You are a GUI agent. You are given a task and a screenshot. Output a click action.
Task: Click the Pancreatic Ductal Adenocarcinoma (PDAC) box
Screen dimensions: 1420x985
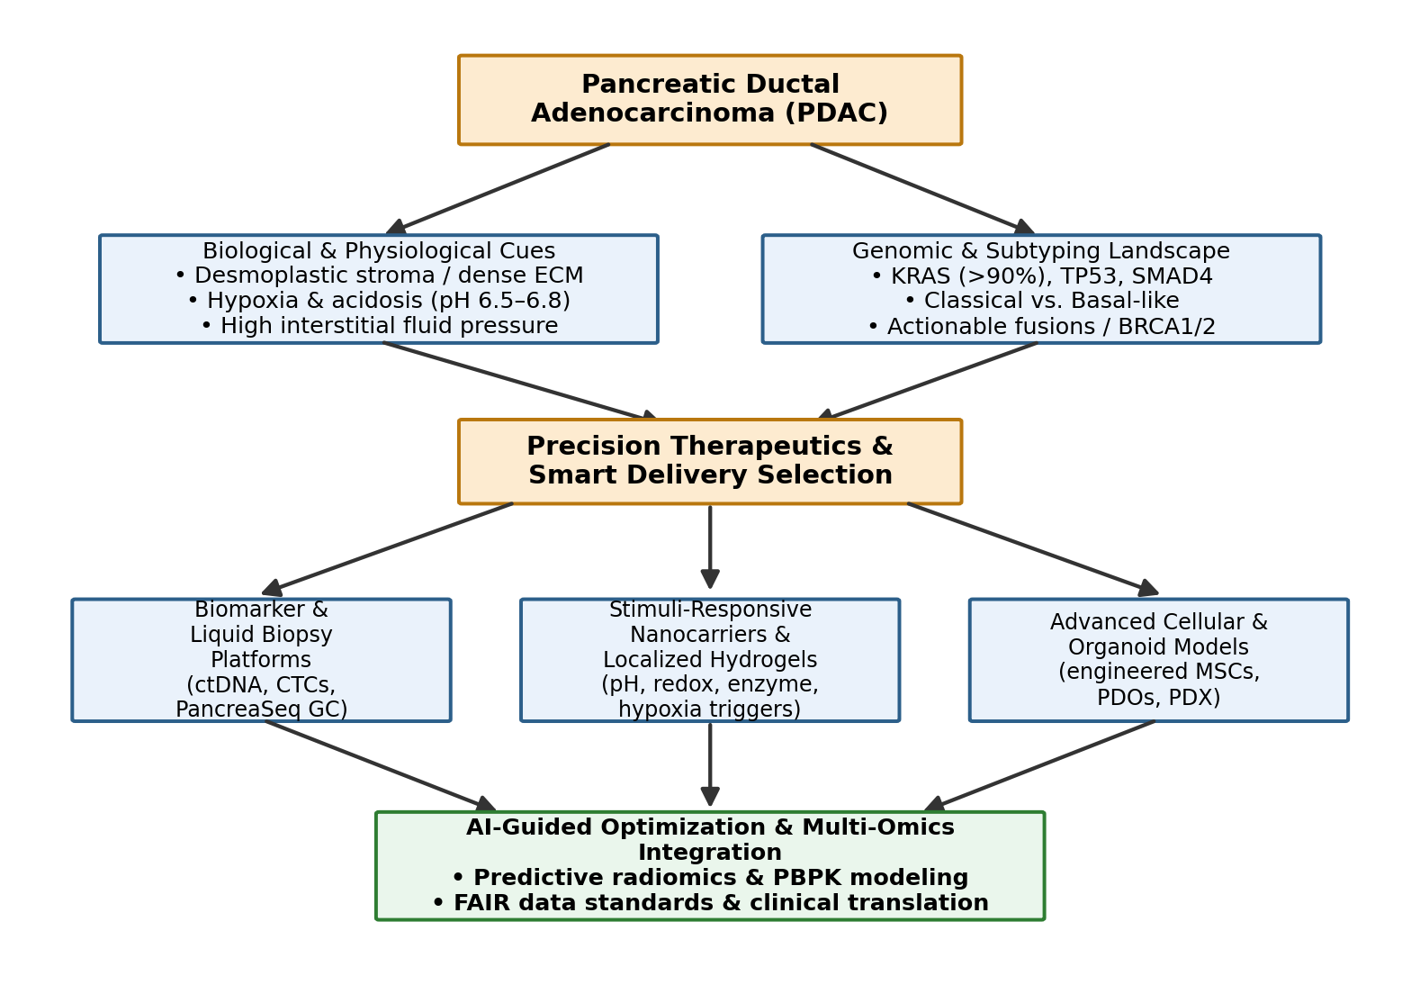(710, 100)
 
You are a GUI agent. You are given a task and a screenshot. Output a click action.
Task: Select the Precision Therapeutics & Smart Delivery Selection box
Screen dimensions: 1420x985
(710, 462)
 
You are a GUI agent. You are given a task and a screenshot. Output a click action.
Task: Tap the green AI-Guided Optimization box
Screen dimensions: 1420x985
(710, 866)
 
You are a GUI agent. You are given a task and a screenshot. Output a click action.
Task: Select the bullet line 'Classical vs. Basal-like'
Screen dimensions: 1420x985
(1041, 300)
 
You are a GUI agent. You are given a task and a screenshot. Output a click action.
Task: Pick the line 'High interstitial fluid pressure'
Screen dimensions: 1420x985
(379, 325)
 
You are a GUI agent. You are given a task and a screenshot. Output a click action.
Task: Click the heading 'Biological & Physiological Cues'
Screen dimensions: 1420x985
(379, 250)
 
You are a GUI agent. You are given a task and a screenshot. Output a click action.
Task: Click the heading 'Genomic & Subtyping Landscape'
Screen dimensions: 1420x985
(1041, 250)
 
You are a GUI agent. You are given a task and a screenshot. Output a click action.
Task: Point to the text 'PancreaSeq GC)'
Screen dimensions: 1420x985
(261, 709)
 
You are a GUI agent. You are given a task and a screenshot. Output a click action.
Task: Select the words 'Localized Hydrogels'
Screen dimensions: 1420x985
(710, 659)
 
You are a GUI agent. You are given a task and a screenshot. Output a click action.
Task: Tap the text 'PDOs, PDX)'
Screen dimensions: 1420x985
(1158, 697)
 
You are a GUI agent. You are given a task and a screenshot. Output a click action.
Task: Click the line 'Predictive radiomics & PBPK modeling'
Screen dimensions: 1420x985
(710, 877)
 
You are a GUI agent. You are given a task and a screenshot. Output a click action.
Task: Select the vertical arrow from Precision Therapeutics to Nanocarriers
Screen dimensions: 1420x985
(710, 547)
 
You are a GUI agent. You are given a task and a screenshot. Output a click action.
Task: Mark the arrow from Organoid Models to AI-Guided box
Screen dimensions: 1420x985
(1039, 765)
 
